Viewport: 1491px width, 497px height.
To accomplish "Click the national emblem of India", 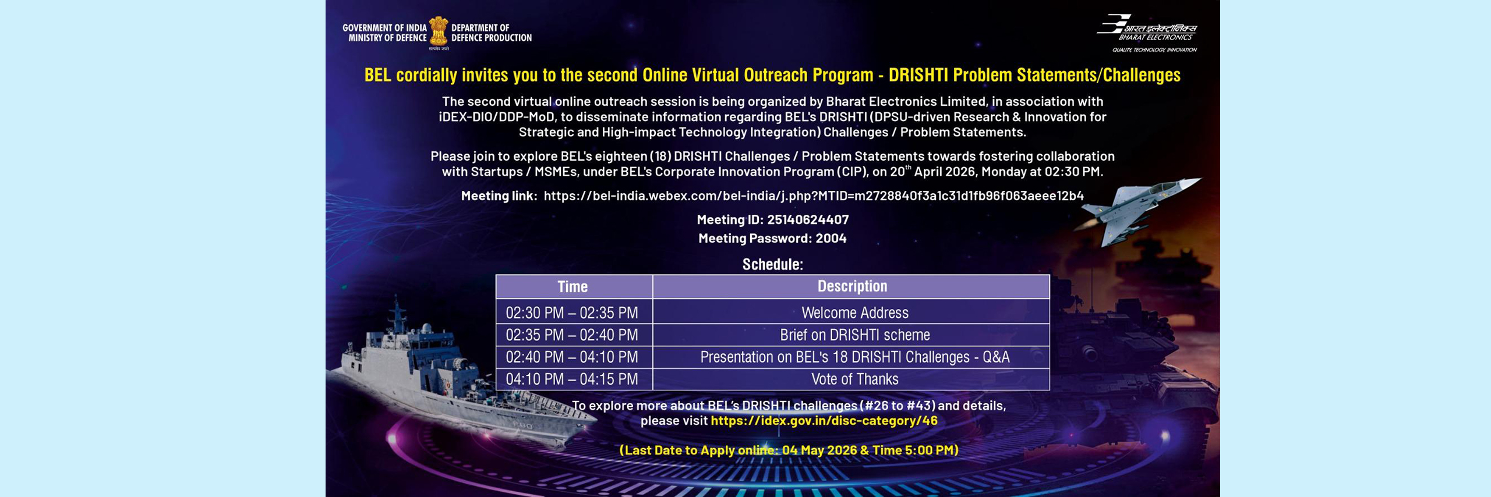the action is (x=439, y=32).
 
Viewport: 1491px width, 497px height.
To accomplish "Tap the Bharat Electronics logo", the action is (x=1147, y=33).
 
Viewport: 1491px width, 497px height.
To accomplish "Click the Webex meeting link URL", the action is (x=814, y=196).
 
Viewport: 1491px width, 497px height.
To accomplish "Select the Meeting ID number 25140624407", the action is (x=808, y=219).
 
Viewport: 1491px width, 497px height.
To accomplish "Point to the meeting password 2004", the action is (x=831, y=238).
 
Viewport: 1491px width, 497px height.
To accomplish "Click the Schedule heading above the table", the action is (x=772, y=264).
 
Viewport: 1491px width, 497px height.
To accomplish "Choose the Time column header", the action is (x=574, y=286).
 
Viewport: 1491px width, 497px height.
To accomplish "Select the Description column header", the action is (x=852, y=286).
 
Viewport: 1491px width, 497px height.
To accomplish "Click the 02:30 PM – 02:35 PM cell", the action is (x=574, y=312).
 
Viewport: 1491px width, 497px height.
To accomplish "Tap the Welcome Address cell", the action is (x=852, y=312).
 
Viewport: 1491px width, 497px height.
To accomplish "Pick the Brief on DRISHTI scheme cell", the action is (x=852, y=335).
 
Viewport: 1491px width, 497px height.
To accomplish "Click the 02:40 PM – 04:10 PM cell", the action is (x=574, y=357).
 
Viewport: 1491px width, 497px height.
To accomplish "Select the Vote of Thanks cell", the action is (x=852, y=379).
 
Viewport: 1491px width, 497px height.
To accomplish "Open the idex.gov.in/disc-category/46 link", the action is (x=824, y=421).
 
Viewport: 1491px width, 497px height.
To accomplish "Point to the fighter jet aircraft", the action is (x=1136, y=210).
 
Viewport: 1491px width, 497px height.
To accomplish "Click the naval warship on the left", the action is (x=454, y=378).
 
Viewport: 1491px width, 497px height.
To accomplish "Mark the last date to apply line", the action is (x=789, y=450).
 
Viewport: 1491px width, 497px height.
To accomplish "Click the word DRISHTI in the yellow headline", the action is (x=918, y=75).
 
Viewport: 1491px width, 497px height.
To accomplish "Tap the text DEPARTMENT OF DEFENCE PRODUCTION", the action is (x=492, y=33).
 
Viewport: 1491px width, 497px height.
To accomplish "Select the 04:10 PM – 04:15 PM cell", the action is (x=574, y=379).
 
